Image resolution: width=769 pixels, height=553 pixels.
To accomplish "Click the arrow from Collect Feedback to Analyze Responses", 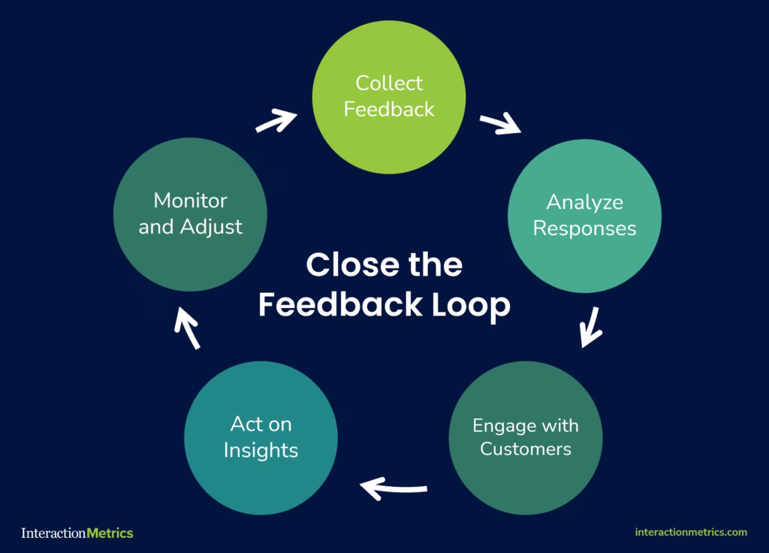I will coord(501,124).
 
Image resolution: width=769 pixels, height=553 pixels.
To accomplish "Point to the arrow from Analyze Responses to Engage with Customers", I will coord(593,328).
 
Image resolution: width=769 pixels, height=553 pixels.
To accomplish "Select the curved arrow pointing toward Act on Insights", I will coord(394,489).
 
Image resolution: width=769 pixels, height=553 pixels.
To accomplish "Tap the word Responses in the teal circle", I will coord(584,228).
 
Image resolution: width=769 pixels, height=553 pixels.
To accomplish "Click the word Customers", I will coord(526,449).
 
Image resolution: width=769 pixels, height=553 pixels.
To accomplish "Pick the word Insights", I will coord(261,450).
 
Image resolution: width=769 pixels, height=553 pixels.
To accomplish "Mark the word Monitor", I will coord(190,201).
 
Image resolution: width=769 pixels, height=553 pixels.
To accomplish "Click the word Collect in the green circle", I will coord(389,83).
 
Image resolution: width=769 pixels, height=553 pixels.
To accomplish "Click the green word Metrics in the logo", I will coord(110,533).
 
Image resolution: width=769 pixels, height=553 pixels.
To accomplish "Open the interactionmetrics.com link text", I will coord(691,532).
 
